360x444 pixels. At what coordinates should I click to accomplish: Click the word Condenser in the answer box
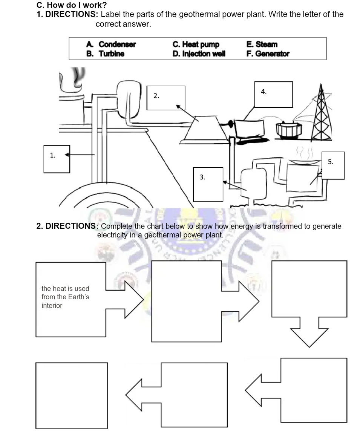(117, 44)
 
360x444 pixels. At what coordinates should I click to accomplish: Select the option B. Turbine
(106, 54)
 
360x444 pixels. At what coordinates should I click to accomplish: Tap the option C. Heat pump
(196, 44)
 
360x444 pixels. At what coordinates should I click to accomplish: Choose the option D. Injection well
(199, 54)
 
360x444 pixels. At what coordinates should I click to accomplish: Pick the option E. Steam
(262, 44)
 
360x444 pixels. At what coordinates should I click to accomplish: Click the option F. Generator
(268, 54)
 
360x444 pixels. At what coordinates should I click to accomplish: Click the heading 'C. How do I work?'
(72, 5)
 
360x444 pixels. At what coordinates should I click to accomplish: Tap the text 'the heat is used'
(66, 289)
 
